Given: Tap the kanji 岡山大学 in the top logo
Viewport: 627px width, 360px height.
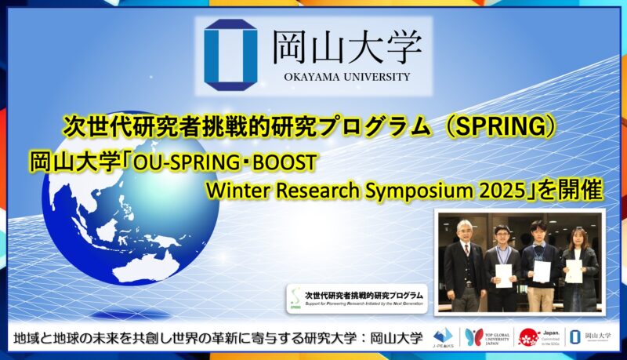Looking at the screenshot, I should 347,47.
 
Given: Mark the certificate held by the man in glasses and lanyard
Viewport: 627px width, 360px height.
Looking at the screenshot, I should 503,275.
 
